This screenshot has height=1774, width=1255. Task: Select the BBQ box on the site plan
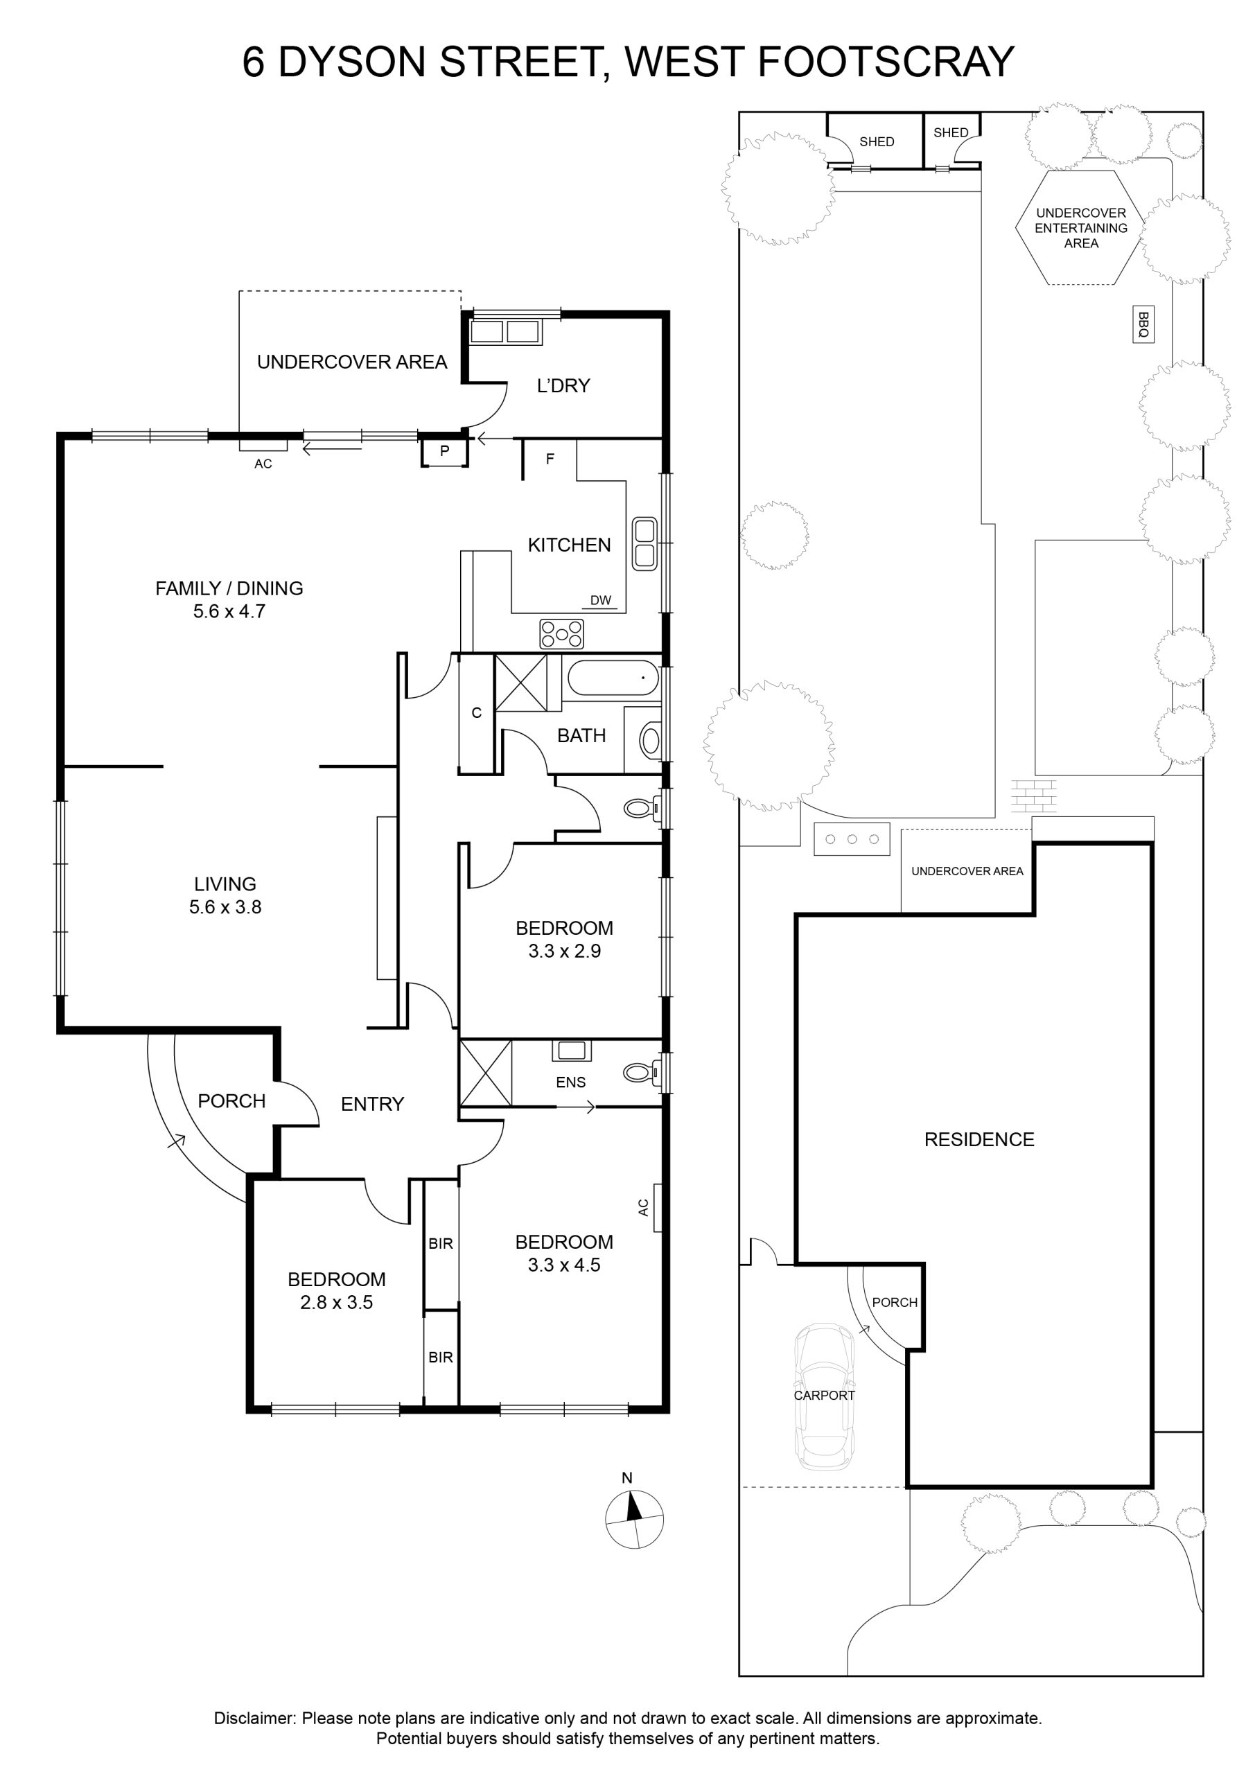pos(1143,324)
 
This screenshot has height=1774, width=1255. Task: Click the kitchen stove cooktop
pos(562,633)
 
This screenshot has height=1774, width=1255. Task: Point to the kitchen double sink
pos(644,544)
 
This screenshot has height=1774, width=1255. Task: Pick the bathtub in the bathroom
pos(613,678)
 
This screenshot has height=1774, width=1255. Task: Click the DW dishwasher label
pos(600,600)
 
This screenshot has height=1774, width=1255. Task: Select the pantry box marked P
pos(444,451)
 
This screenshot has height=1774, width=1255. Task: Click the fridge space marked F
pos(550,459)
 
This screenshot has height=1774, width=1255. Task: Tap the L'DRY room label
pos(563,385)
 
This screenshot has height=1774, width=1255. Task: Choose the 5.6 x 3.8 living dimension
pos(226,906)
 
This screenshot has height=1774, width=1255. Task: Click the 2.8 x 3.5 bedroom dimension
pos(336,1302)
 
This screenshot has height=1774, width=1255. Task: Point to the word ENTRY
pos(373,1104)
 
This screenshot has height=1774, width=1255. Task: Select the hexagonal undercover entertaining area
pos(1080,228)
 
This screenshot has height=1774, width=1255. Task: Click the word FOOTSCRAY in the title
pos(886,62)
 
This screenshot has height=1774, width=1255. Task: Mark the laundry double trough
pos(505,331)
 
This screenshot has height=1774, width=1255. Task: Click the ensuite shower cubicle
pos(485,1073)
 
